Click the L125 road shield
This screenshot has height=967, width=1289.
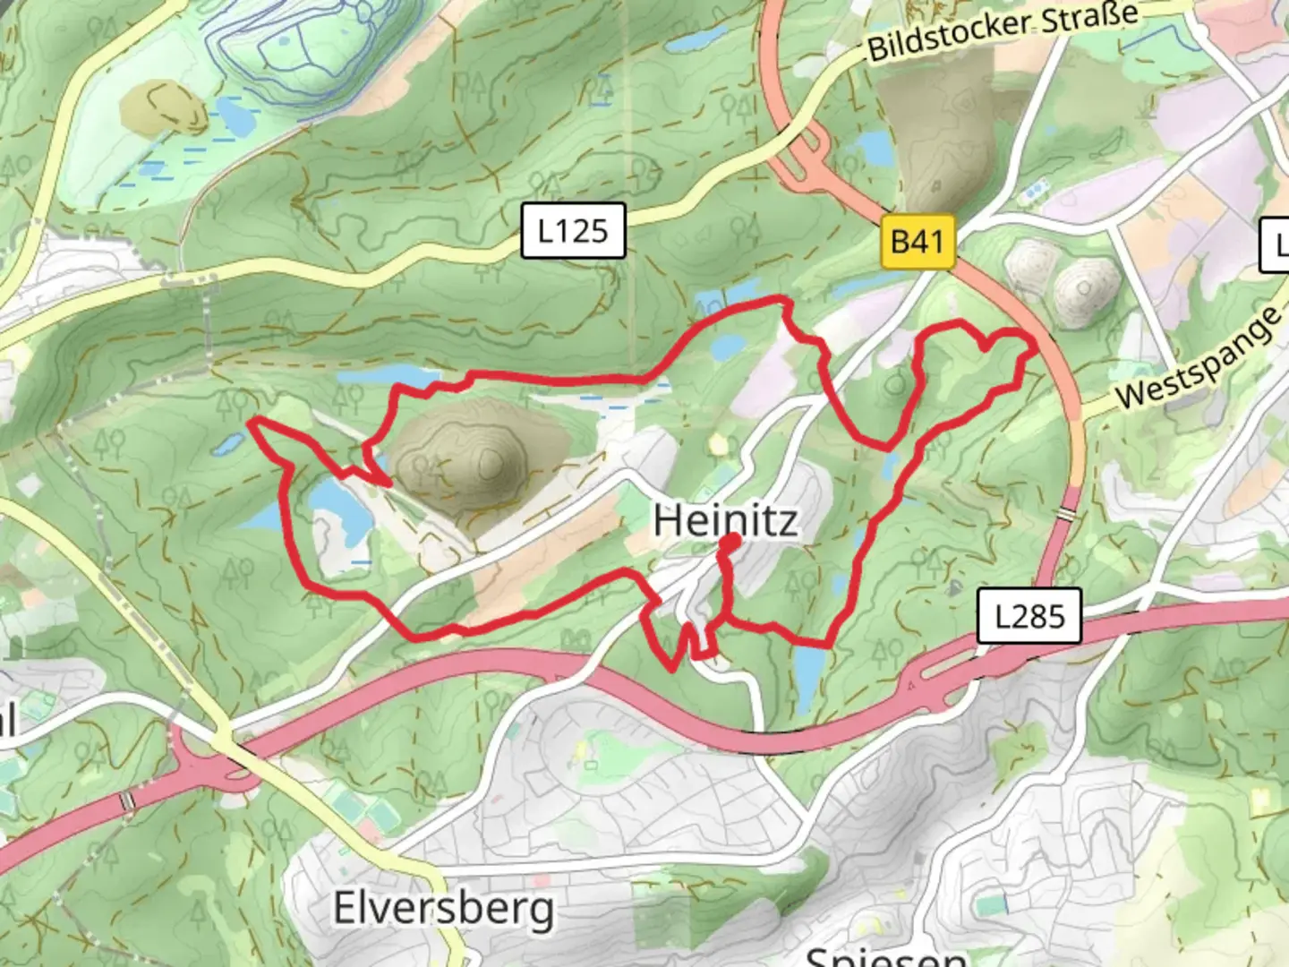click(573, 231)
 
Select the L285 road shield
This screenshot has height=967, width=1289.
click(1029, 616)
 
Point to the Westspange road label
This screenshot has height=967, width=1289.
click(1199, 358)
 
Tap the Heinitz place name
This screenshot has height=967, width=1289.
click(725, 519)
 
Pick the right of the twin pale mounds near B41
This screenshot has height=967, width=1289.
click(1084, 287)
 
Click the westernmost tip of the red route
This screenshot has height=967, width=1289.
click(252, 419)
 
